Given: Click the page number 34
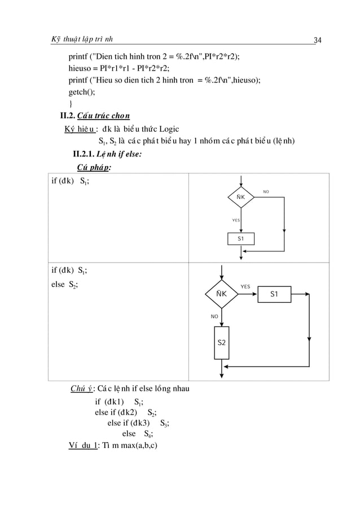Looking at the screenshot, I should [x=317, y=40].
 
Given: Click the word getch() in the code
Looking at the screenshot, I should [x=81, y=92].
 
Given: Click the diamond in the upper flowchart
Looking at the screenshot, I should [x=241, y=198].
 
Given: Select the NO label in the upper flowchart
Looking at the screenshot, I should [x=266, y=192].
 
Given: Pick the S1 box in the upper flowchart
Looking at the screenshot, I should [x=241, y=238].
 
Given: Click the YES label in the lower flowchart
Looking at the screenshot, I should [x=245, y=286].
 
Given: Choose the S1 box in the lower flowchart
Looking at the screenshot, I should [x=274, y=294].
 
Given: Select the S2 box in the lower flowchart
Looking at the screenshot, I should [x=222, y=343].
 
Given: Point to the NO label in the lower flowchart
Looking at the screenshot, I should [x=214, y=316].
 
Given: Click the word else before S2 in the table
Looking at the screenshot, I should [x=58, y=284].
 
